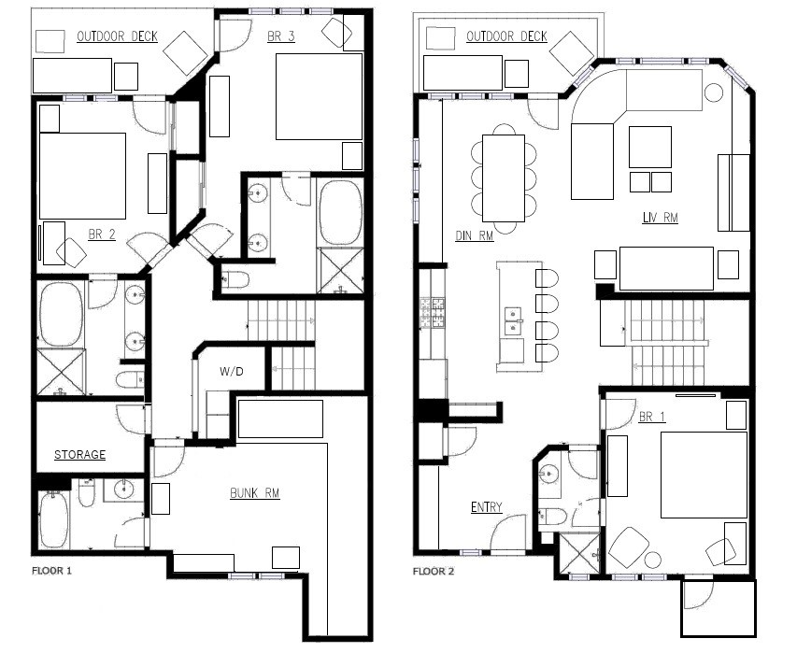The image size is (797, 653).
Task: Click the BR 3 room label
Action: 281,36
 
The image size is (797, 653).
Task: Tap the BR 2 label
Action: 102,234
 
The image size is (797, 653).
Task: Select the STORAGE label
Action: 79,455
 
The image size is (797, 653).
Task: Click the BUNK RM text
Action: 255,493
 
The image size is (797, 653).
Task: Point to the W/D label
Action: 232,372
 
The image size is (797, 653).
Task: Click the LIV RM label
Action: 661,218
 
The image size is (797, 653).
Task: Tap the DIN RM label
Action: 475,235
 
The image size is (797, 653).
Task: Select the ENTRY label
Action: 487,507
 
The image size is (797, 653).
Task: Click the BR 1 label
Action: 651,418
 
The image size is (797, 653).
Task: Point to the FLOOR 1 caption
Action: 51,571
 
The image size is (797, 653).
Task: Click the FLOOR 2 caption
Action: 434,572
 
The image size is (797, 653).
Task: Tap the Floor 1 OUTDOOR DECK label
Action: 118,36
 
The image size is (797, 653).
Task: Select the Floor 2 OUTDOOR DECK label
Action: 506,36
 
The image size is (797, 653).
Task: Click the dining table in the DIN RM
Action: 504,177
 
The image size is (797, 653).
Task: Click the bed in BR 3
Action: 319,96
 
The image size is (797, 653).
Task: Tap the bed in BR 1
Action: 704,476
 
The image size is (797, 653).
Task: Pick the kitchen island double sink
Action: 514,321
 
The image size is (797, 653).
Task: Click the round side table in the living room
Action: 714,92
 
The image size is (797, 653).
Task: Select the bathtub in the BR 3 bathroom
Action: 340,213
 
